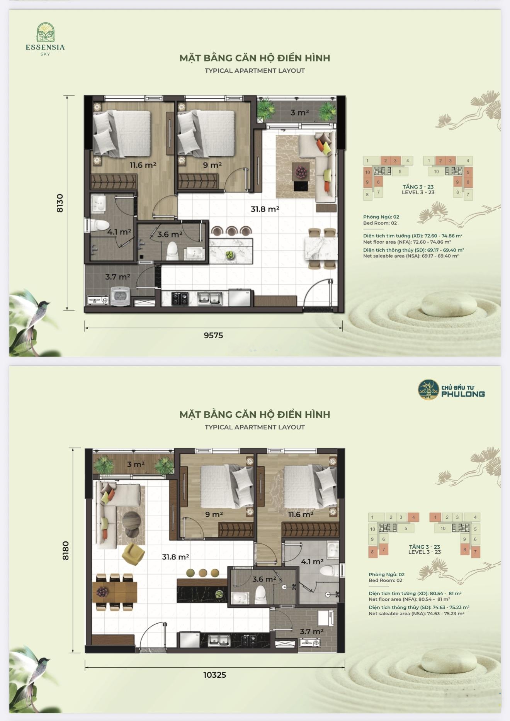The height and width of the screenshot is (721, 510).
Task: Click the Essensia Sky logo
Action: tap(45, 39)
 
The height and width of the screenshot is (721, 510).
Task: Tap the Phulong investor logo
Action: tap(451, 389)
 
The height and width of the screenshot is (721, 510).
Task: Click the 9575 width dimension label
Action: tap(213, 335)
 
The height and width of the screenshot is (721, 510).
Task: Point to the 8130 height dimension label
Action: tap(59, 203)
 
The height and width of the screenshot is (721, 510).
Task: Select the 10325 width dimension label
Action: tap(215, 675)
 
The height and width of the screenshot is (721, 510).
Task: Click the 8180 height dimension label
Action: tap(65, 550)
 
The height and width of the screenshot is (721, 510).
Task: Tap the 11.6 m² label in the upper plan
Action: tap(143, 165)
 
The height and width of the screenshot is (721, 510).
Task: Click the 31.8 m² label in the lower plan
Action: tap(175, 557)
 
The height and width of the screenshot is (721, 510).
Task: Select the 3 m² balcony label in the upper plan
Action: tap(299, 112)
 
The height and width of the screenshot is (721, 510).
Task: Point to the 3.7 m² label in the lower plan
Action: tap(311, 631)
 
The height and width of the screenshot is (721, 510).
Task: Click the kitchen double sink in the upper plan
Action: tap(209, 299)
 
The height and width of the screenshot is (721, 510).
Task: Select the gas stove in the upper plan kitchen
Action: tap(180, 299)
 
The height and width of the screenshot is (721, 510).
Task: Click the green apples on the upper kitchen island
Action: tap(230, 255)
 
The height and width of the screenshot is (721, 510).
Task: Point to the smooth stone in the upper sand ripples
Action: tap(449, 305)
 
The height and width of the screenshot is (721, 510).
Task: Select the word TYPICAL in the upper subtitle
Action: tap(219, 71)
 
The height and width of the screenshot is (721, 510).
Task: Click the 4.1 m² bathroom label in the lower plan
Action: tap(312, 562)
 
